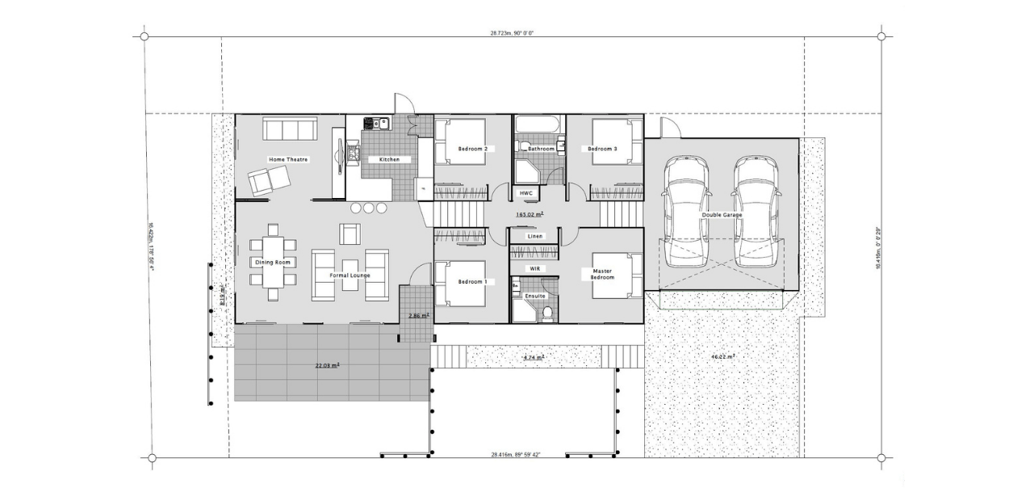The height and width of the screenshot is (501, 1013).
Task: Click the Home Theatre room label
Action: click(288, 160)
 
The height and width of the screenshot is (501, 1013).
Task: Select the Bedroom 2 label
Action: click(472, 149)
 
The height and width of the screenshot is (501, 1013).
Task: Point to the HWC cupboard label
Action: click(525, 194)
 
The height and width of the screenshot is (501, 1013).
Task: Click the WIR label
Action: click(534, 268)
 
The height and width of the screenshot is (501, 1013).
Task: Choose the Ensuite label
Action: click(535, 297)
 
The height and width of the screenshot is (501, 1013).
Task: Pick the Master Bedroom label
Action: click(602, 275)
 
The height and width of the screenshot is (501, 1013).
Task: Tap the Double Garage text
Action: click(722, 215)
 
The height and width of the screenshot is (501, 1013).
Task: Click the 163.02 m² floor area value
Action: click(530, 215)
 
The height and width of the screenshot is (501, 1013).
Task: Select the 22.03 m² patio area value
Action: click(327, 366)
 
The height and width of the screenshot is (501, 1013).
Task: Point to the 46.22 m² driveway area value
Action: click(722, 356)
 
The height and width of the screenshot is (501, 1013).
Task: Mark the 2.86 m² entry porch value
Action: click(418, 316)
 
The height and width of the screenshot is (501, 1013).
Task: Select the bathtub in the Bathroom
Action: click(538, 124)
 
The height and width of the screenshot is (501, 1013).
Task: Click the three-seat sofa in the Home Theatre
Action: click(289, 129)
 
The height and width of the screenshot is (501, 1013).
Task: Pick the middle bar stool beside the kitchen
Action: click(369, 208)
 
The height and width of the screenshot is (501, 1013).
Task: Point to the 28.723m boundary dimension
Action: click(512, 33)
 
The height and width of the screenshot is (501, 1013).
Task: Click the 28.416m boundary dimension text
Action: click(515, 455)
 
